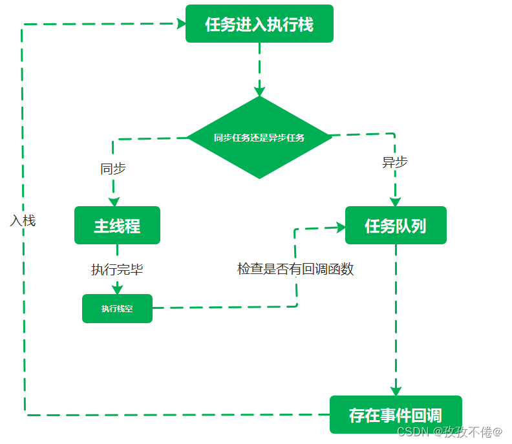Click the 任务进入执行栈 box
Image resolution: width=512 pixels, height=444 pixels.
259,24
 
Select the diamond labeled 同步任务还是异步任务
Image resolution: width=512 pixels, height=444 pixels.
259,137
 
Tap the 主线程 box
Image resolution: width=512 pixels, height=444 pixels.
117,226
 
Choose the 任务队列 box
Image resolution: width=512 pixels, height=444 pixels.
396,226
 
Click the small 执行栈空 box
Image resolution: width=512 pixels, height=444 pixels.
117,308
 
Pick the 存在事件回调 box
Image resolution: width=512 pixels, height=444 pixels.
396,415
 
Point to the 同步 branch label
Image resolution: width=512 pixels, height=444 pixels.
113,169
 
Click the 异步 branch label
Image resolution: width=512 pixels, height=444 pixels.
395,162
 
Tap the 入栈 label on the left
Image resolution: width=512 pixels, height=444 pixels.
23,220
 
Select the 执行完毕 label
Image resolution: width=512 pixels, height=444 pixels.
117,270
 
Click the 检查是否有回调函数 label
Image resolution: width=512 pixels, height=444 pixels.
295,270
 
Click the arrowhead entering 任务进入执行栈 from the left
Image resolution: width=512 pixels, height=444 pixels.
180,24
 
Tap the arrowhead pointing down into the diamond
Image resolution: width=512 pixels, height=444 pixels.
259,90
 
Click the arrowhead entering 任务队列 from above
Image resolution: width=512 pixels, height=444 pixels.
395,201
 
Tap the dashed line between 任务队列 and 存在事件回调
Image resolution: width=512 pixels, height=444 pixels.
396,317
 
